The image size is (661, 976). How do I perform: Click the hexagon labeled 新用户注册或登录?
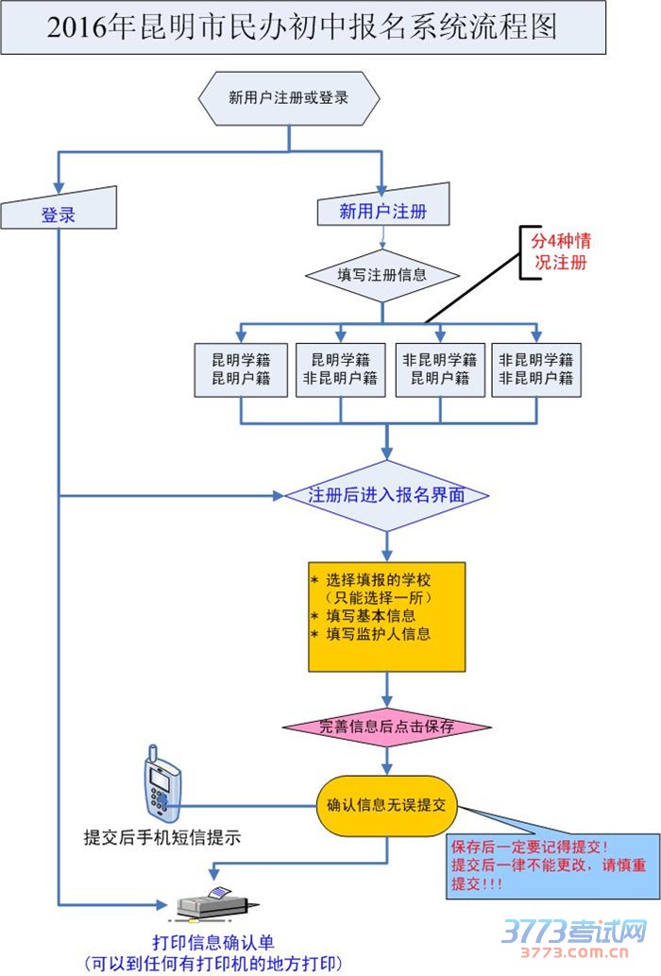[x=289, y=97]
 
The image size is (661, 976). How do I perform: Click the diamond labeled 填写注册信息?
[x=382, y=275]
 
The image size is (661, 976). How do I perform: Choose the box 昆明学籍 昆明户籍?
[x=241, y=368]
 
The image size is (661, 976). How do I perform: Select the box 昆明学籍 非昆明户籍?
[x=340, y=368]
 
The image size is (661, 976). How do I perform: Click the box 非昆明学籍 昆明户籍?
[x=439, y=368]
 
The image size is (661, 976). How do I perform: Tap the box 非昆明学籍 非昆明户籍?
[x=536, y=368]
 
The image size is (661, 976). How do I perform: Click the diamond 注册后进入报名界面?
[x=387, y=495]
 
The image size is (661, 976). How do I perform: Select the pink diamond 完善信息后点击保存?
[x=387, y=727]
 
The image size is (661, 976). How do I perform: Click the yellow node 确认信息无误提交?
[x=387, y=806]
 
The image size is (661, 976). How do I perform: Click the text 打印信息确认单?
[x=213, y=942]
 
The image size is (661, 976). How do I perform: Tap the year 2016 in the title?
[x=74, y=28]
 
